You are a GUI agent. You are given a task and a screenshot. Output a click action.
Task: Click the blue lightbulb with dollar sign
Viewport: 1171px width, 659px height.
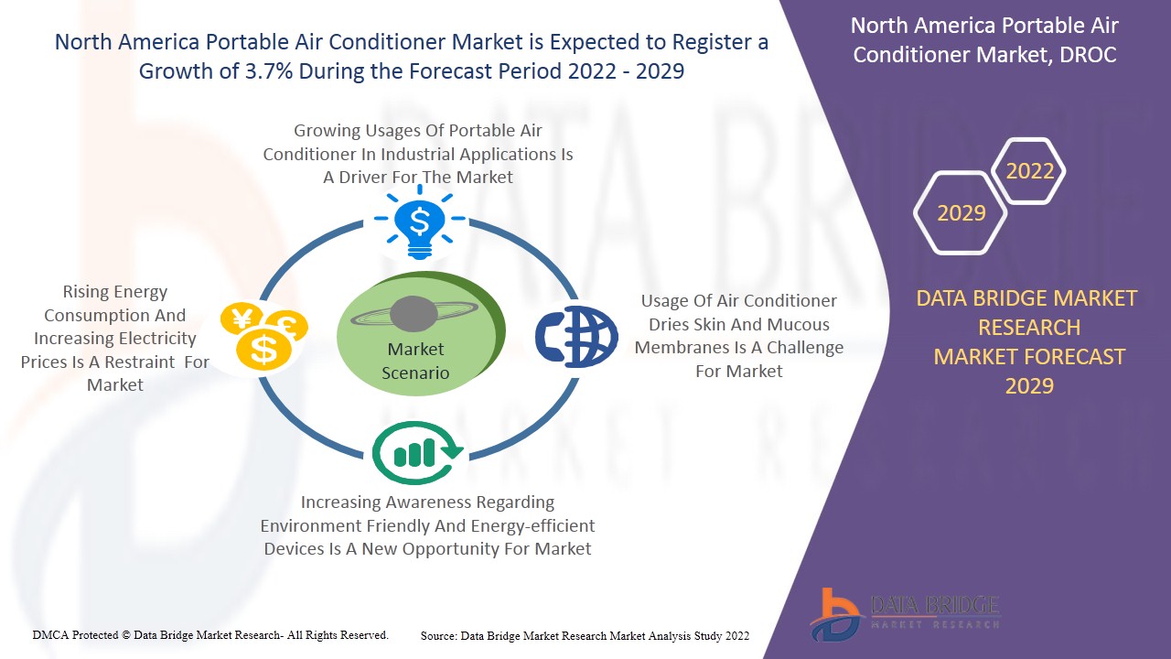(x=419, y=222)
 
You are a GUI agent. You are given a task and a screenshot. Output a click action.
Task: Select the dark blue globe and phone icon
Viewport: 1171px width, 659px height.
(x=576, y=336)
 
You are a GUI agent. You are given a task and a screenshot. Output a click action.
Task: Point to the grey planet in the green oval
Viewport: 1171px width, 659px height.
(x=414, y=314)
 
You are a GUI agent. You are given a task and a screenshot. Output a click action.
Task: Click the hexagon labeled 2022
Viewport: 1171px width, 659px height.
(x=1029, y=171)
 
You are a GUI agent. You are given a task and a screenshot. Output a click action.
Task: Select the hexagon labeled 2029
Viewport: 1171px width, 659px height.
(x=961, y=213)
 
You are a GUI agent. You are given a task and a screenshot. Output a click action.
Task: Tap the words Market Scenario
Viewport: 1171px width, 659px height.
(x=415, y=361)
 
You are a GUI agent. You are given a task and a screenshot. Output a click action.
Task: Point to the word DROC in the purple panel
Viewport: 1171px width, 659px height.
(x=1088, y=55)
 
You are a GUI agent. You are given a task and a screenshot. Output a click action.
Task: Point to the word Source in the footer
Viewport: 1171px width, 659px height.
(x=438, y=636)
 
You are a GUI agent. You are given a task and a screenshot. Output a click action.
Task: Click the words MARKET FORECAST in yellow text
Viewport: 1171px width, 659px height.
(x=1029, y=357)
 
